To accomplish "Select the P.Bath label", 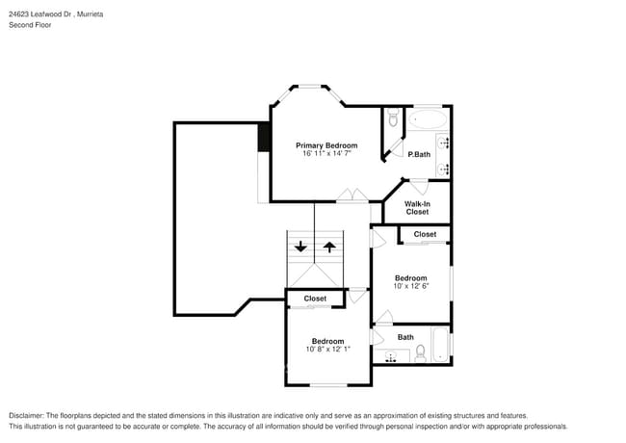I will click(418, 154).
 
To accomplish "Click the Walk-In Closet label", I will click(417, 207).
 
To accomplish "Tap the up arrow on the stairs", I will click(329, 247).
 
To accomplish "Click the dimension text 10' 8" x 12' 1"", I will click(327, 349).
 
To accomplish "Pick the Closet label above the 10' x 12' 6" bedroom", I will click(425, 234).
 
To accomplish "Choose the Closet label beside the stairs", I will click(315, 299).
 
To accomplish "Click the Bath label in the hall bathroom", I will click(405, 337).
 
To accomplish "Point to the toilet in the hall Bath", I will click(420, 353).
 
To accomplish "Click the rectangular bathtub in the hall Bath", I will click(440, 346).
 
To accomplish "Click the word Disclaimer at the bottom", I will click(30, 415).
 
